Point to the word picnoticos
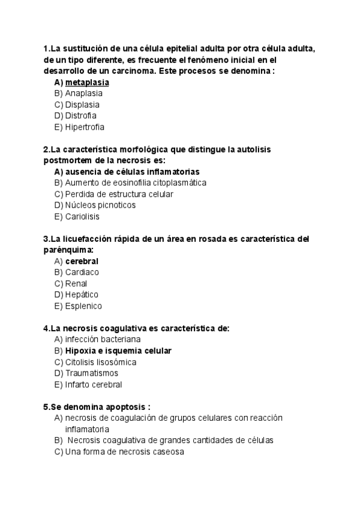click(115, 205)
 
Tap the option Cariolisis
click(82, 217)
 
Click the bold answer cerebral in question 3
click(82, 261)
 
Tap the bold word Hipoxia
click(81, 351)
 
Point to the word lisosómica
click(116, 362)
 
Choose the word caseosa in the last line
click(167, 451)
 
